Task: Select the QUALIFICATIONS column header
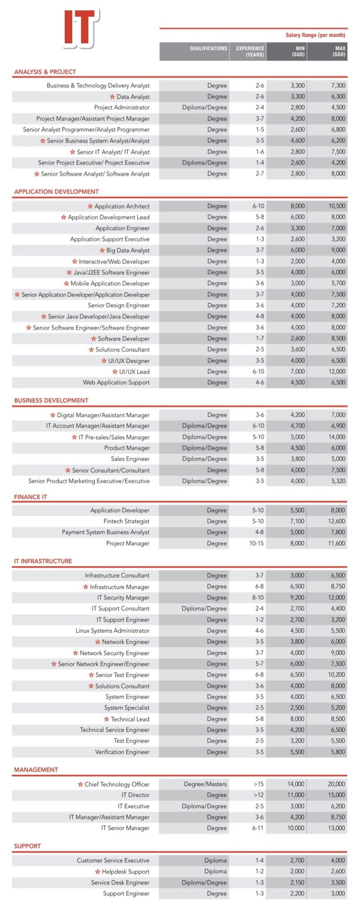[x=208, y=49]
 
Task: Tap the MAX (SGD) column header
[x=340, y=51]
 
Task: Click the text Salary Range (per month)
[x=315, y=35]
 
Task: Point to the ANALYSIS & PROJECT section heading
[x=45, y=72]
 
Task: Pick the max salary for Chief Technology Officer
[x=336, y=784]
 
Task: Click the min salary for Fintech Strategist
[x=297, y=521]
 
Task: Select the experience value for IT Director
[x=258, y=795]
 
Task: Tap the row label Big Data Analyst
[x=128, y=250]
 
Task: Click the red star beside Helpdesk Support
[x=98, y=872]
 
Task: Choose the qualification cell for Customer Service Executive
[x=215, y=860]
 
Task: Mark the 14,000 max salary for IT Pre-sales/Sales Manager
[x=337, y=437]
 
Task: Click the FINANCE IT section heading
[x=31, y=497]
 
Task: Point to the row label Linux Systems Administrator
[x=112, y=631]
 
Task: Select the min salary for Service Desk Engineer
[x=297, y=883]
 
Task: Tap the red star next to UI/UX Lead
[x=115, y=372]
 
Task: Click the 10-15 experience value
[x=256, y=543]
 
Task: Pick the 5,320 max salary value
[x=338, y=481]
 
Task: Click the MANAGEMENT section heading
[x=36, y=770]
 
